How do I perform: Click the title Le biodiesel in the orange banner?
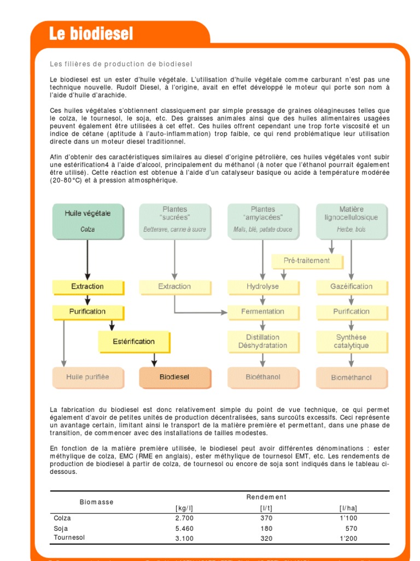[x=91, y=34]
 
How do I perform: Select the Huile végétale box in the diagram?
[x=87, y=221]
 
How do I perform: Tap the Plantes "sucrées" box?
[x=174, y=221]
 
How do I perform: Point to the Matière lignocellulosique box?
[x=351, y=221]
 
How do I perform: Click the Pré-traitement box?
[x=307, y=261]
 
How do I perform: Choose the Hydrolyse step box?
[x=262, y=287]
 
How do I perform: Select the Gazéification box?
[x=351, y=287]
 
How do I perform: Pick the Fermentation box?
[x=262, y=312]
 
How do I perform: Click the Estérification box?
[x=133, y=342]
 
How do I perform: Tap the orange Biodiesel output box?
[x=174, y=377]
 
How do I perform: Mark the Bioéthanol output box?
[x=262, y=377]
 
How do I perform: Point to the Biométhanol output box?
[x=351, y=377]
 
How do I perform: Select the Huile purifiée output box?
[x=87, y=377]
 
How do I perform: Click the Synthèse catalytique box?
[x=351, y=341]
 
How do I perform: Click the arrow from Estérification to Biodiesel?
[x=154, y=359]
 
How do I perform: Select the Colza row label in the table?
[x=62, y=518]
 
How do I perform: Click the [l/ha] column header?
[x=348, y=508]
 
